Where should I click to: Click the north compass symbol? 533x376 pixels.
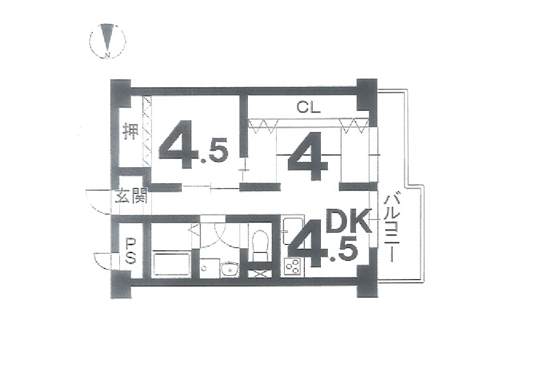(108, 41)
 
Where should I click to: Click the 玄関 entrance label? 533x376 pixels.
(131, 196)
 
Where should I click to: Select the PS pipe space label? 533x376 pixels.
(131, 251)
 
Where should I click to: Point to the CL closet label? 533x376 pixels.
(308, 108)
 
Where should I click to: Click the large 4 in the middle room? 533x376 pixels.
(308, 156)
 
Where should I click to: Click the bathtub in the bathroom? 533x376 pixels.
(172, 264)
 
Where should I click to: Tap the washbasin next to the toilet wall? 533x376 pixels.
(230, 269)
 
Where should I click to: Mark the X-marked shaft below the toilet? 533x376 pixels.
(260, 273)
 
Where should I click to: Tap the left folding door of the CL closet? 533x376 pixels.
(264, 126)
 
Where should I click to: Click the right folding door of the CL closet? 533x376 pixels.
(354, 126)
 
